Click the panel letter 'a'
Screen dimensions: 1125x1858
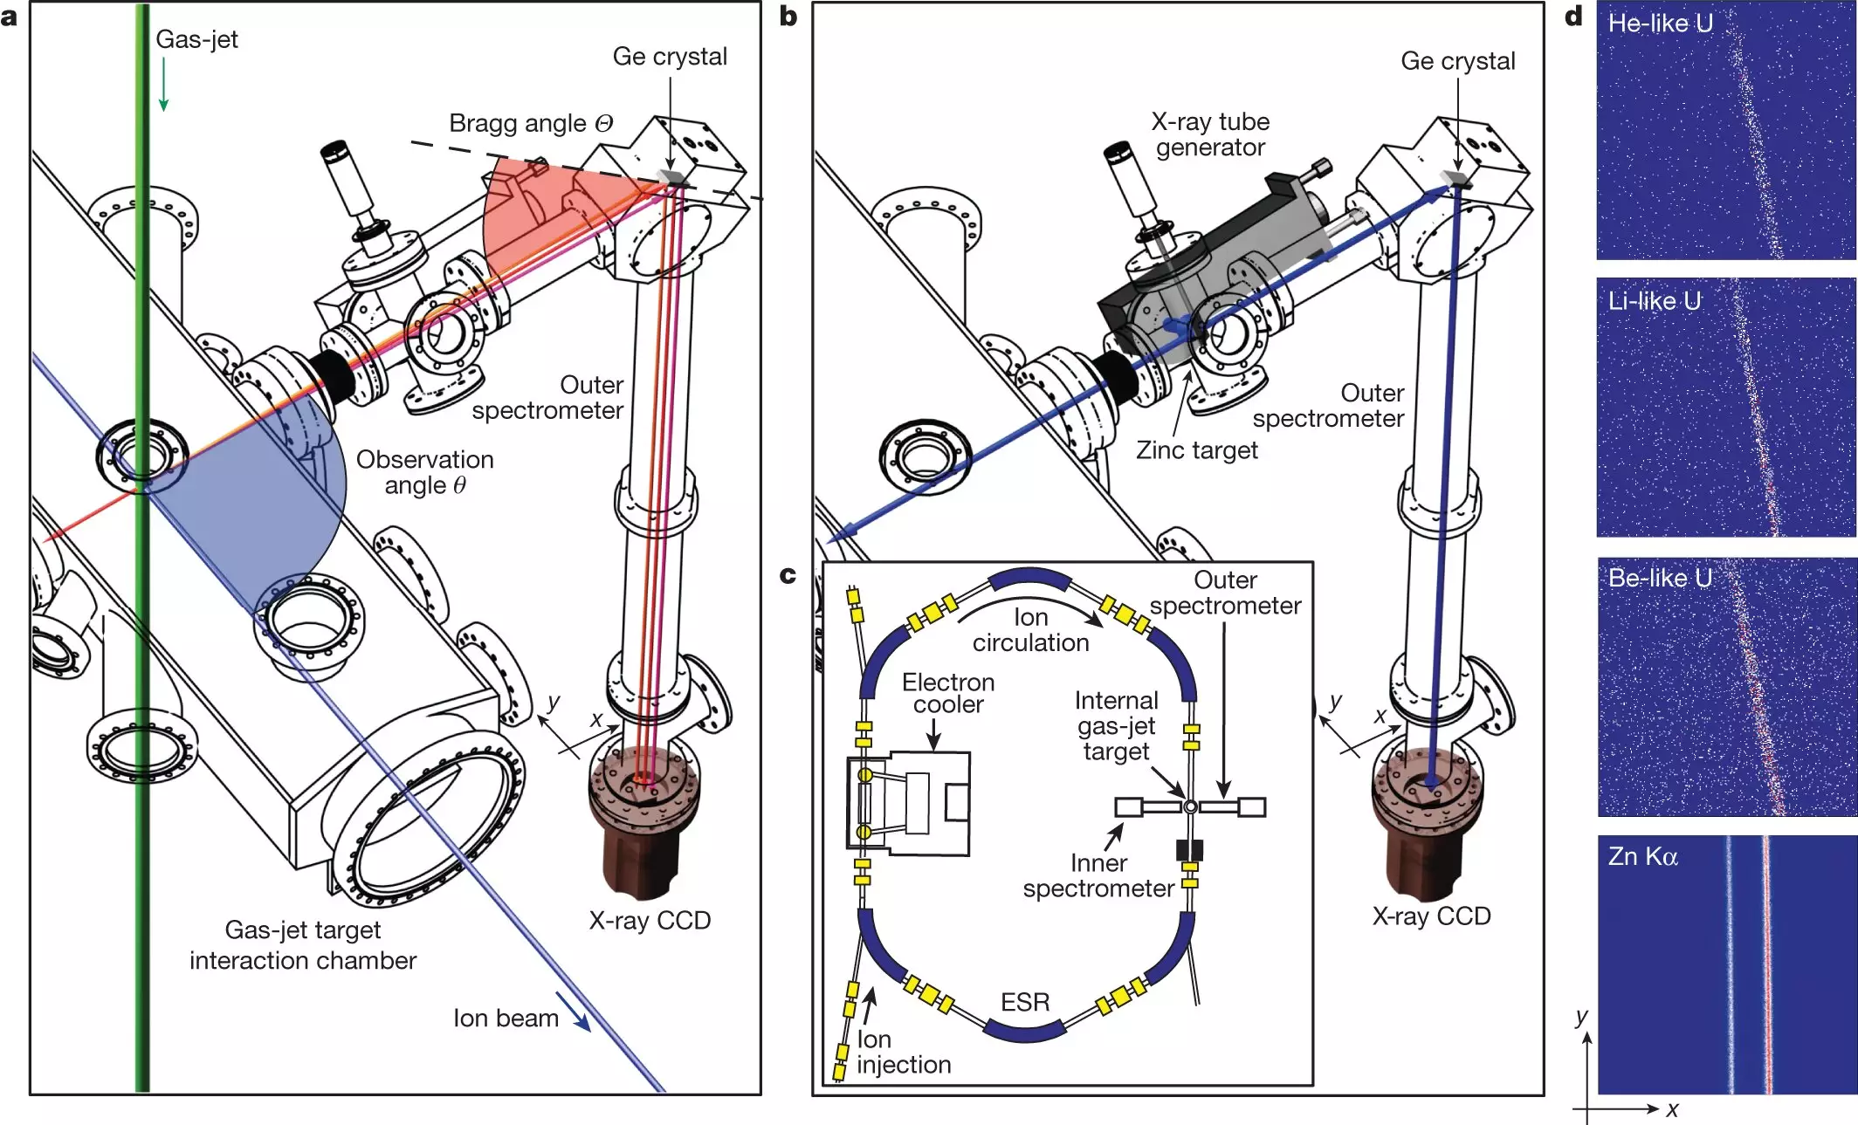[10, 17]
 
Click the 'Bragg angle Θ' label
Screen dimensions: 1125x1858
[530, 123]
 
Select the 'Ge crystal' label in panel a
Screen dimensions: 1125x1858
[669, 57]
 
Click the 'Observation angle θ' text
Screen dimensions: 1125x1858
[424, 472]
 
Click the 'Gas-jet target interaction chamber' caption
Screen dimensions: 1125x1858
[303, 945]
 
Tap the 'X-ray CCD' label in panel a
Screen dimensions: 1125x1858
[649, 921]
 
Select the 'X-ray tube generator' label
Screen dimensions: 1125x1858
[1210, 134]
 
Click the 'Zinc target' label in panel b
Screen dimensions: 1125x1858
[1196, 450]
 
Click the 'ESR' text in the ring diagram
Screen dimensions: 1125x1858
[1025, 1002]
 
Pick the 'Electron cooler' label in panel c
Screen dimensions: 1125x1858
[948, 693]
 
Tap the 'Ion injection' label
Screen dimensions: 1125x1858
[903, 1052]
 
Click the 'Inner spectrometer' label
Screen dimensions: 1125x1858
[1098, 875]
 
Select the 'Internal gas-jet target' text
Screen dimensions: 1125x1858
[1116, 725]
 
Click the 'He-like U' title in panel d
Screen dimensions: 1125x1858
[1660, 24]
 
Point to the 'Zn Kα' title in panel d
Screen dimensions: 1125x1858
[1642, 856]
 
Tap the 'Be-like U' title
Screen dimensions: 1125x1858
[1659, 578]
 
